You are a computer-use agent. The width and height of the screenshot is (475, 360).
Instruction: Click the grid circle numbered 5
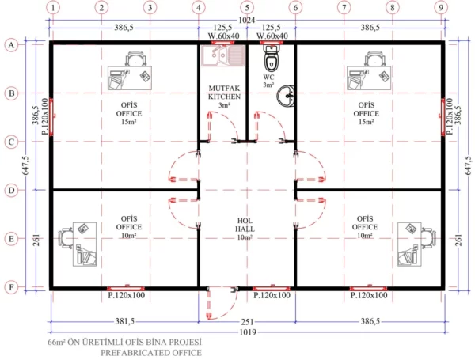[247, 8]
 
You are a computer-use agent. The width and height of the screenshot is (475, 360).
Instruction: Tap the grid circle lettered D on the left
[11, 190]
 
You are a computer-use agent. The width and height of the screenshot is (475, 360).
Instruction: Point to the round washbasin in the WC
[286, 98]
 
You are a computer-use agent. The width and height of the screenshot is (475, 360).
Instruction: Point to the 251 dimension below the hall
[247, 321]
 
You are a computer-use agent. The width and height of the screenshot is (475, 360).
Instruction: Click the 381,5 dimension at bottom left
[123, 321]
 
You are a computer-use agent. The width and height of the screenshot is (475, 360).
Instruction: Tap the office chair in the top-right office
[371, 59]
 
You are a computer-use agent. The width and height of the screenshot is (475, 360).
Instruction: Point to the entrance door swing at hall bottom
[214, 304]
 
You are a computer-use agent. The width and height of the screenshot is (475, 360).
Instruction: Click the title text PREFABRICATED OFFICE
[150, 351]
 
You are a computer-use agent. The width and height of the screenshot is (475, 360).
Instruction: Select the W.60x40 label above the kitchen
[222, 36]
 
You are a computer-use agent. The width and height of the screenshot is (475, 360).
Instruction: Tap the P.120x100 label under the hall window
[272, 294]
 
